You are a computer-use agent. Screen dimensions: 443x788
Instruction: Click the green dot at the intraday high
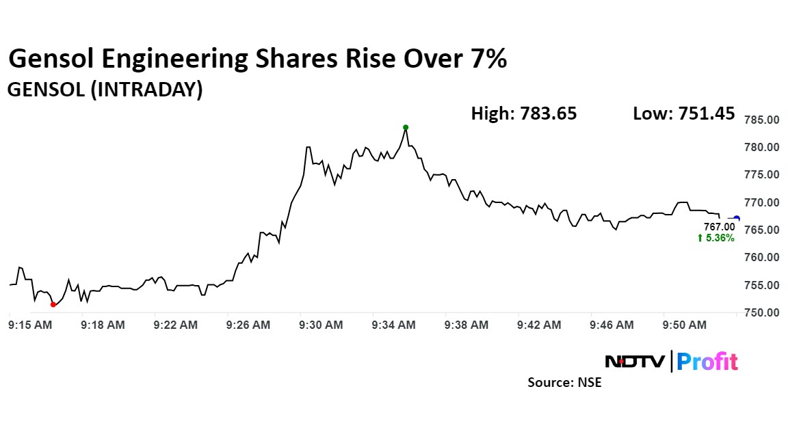(406, 127)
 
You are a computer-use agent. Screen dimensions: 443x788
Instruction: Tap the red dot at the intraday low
(53, 304)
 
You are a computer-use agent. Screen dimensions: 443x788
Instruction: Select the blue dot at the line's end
(736, 218)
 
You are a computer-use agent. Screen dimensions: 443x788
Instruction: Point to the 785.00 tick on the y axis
(761, 120)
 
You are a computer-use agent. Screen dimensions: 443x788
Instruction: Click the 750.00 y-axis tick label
(761, 313)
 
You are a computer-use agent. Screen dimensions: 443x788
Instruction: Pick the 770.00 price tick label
(761, 202)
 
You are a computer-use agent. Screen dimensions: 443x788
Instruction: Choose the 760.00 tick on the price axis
(761, 258)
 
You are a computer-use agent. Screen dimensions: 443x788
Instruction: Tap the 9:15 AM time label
(30, 325)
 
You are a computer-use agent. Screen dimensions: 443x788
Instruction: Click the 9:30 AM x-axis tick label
(321, 325)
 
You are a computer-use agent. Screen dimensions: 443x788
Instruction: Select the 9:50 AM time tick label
(684, 325)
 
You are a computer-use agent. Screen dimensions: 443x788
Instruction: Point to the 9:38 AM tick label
(467, 325)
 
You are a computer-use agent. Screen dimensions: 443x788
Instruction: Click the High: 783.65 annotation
(524, 113)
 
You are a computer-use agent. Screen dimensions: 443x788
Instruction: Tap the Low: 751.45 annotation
(684, 113)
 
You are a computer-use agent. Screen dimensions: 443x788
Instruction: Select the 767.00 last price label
(720, 226)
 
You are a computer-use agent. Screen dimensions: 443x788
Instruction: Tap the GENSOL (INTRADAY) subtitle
(105, 90)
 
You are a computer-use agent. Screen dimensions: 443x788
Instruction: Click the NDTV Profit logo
(672, 361)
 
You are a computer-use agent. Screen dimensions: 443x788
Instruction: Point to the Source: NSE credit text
(564, 382)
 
